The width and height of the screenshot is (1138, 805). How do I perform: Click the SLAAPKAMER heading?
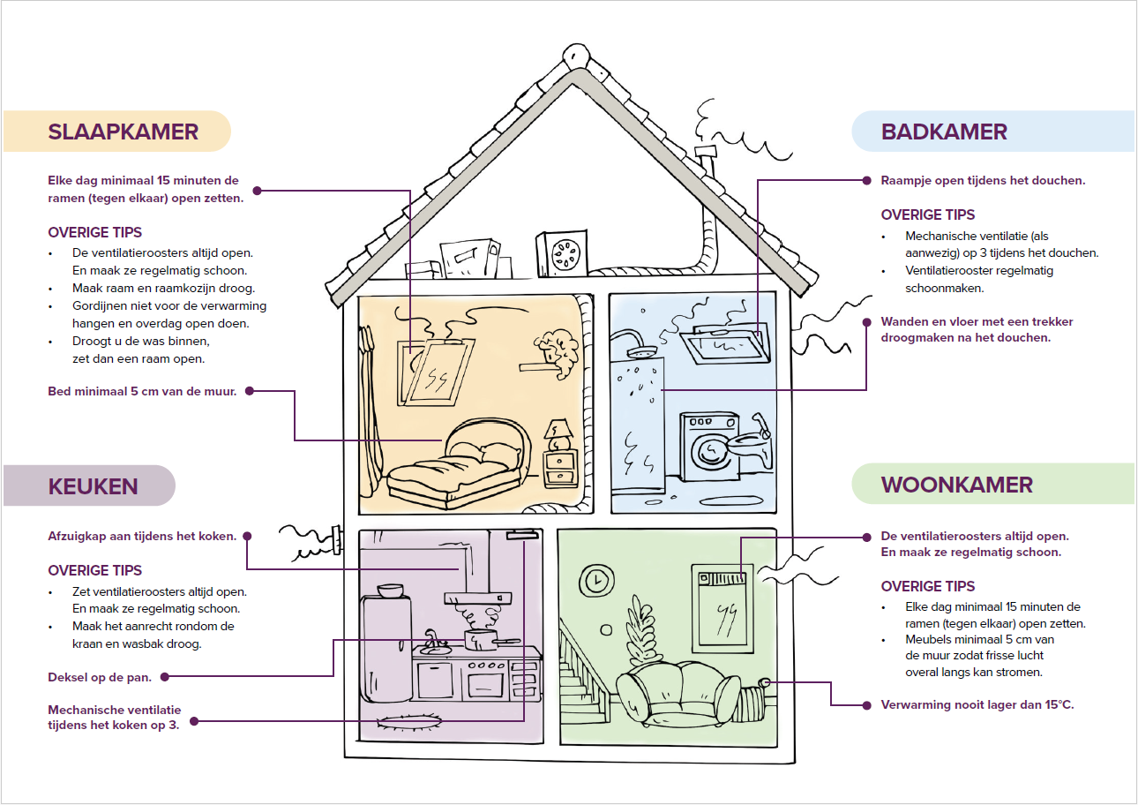tap(123, 132)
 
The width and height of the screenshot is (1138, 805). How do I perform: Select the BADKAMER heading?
tap(944, 132)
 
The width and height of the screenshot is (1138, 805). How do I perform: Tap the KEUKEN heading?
tap(93, 485)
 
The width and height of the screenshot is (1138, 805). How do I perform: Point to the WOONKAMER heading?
tap(956, 485)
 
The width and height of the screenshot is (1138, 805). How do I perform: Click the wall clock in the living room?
tap(595, 579)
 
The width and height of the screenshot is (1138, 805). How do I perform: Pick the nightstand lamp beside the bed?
tap(558, 432)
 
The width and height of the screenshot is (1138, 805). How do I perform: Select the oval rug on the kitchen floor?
tap(409, 722)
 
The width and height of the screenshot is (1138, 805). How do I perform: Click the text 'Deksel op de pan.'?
tap(100, 677)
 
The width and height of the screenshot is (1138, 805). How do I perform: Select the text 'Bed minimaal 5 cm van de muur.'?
tap(142, 390)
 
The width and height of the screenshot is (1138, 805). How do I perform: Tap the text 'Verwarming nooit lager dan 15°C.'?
tap(977, 704)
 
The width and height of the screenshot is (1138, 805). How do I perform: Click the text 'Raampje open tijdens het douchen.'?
tap(983, 180)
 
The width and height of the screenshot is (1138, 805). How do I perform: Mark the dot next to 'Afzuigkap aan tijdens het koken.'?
tap(247, 536)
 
